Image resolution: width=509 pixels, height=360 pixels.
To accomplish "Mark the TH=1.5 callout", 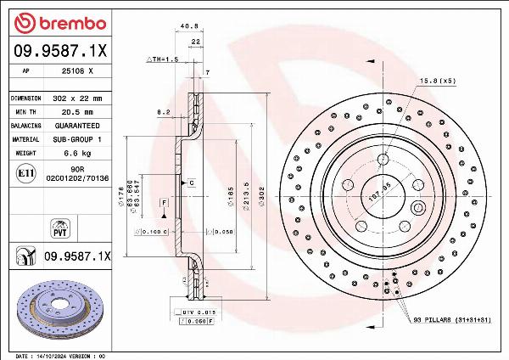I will click(x=162, y=59).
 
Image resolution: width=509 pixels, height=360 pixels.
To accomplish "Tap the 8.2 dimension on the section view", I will click(x=164, y=111).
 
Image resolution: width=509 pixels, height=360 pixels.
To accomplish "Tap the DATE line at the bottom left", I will click(x=59, y=355).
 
